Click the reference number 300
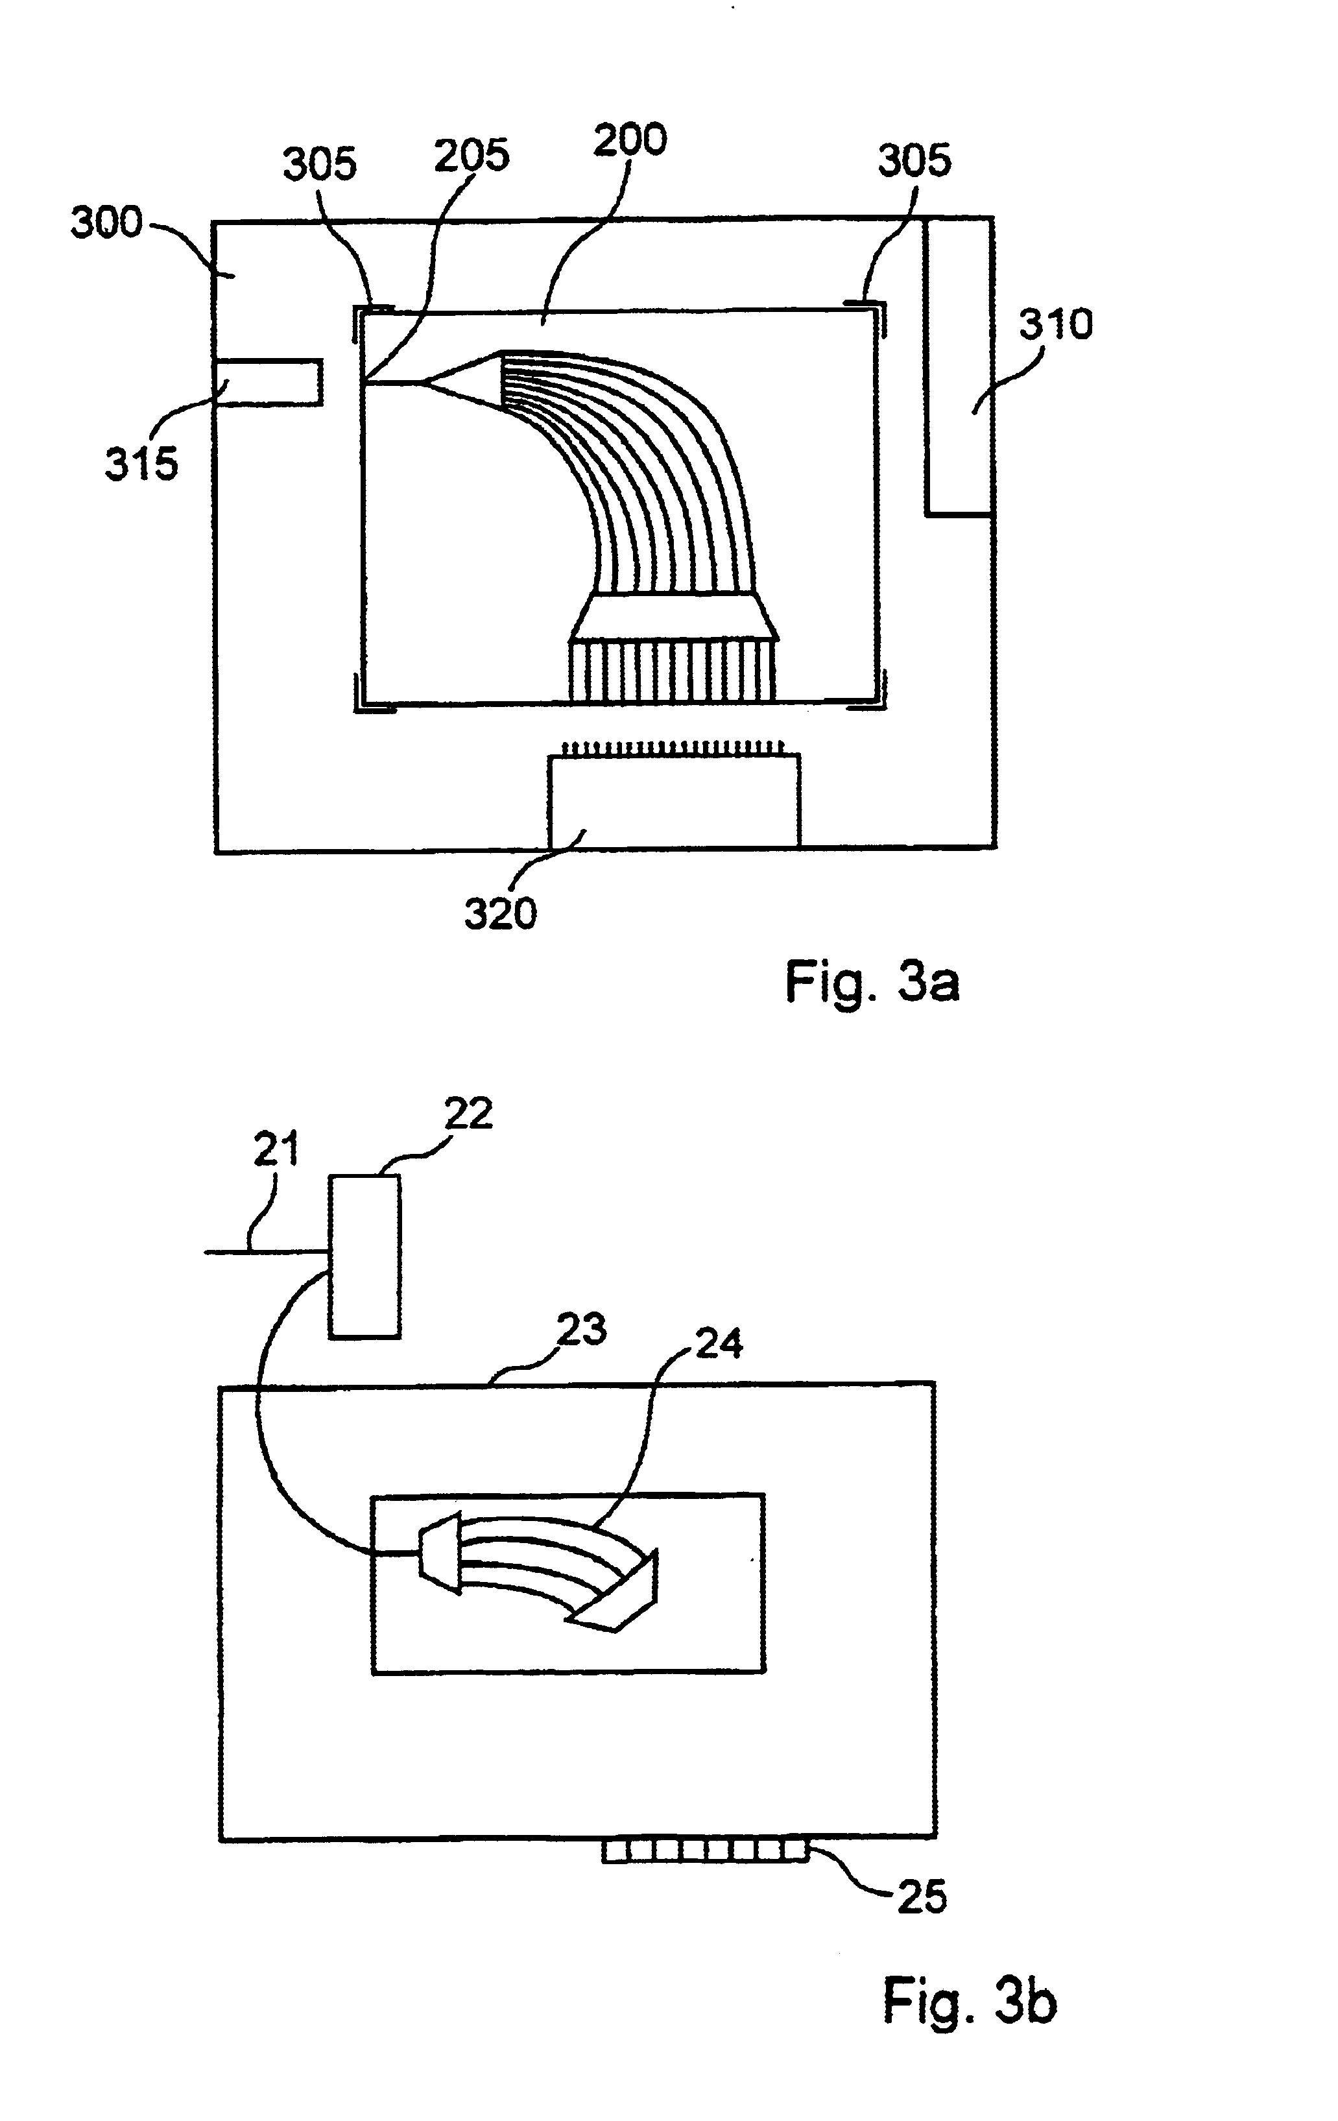[x=106, y=222]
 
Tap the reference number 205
[x=472, y=155]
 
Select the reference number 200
[x=630, y=140]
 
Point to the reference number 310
[x=1055, y=325]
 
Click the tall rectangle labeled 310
[x=959, y=366]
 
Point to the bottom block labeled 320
[x=675, y=800]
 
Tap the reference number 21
[x=276, y=1149]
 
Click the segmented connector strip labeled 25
[x=706, y=1847]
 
